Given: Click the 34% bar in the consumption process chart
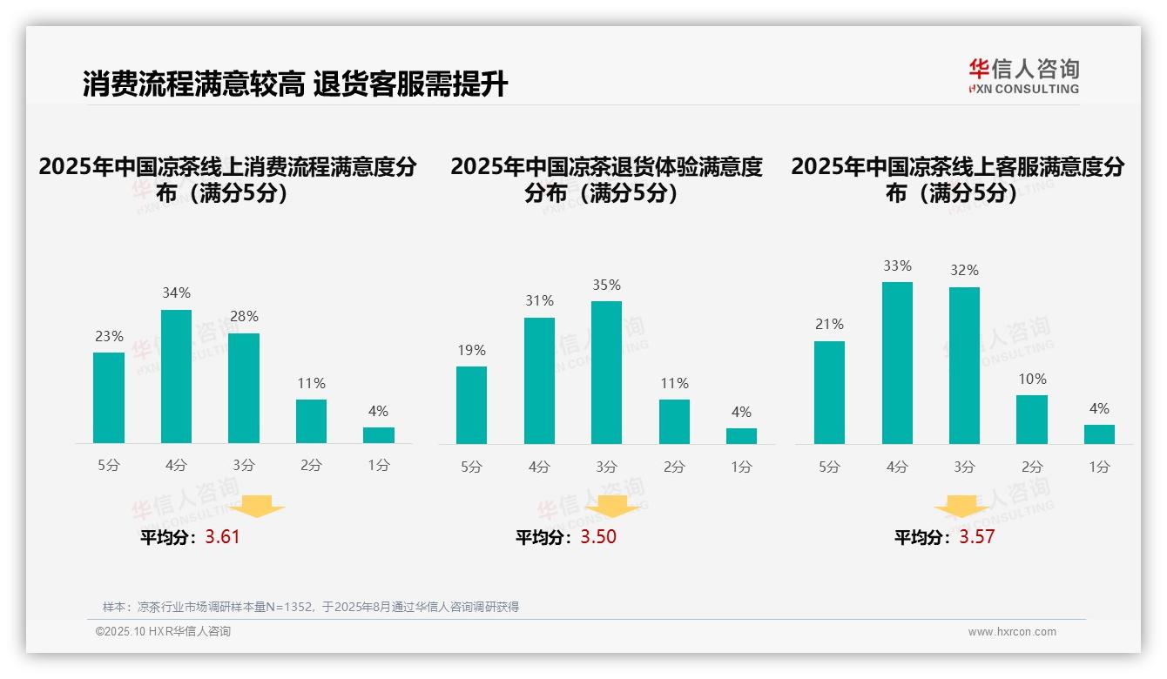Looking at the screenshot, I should [x=176, y=376].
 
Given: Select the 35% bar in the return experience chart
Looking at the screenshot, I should [x=606, y=373].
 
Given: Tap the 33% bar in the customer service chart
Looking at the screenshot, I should [x=897, y=363].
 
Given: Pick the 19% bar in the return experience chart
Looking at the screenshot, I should [x=471, y=405].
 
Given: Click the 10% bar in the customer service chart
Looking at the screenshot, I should [x=1032, y=420].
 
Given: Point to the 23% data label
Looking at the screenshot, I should [x=109, y=336].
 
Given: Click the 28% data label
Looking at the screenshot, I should [x=244, y=317].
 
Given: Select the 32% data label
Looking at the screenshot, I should [x=964, y=271].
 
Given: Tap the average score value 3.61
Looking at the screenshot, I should [x=222, y=537].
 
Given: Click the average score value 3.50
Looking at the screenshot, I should [x=598, y=537].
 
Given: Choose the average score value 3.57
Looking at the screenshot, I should [x=976, y=537].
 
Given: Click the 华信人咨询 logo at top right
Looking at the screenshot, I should [x=1023, y=76].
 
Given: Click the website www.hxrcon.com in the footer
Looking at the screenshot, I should [x=1012, y=632].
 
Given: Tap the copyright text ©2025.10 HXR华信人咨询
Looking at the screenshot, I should [x=163, y=632].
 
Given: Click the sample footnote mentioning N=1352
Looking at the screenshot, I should [x=311, y=607].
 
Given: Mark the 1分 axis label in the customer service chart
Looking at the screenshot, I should [x=1099, y=467].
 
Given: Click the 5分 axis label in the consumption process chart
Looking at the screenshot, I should [x=109, y=466].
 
